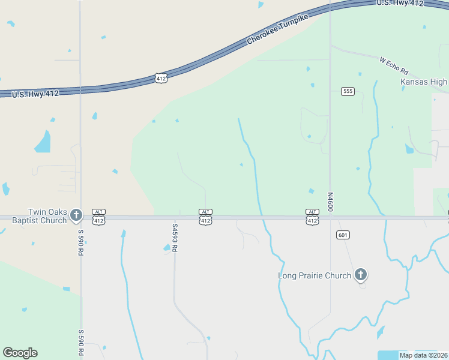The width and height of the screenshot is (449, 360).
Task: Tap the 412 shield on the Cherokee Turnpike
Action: point(160,78)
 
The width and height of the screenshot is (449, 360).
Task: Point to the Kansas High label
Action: point(424,82)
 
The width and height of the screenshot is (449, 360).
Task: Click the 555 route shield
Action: point(348,91)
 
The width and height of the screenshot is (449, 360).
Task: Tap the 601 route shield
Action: point(343,235)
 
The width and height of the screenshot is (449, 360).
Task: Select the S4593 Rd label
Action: point(175,238)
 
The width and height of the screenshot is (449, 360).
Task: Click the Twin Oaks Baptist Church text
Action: point(40,216)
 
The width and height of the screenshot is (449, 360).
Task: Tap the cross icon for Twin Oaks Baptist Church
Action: point(76,215)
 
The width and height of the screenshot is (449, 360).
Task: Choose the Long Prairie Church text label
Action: point(315,275)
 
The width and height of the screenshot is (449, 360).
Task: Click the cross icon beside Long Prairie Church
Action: point(360,275)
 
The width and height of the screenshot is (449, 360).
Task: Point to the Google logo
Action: point(20,353)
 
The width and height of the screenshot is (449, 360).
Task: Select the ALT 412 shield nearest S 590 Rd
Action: point(100,217)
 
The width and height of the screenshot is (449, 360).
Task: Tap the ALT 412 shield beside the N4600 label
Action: point(312,217)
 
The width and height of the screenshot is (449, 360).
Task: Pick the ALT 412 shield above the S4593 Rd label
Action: point(205,217)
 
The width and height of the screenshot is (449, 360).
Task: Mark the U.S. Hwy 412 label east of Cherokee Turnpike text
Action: point(400,3)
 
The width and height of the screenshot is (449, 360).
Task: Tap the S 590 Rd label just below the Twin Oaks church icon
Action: point(80,241)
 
